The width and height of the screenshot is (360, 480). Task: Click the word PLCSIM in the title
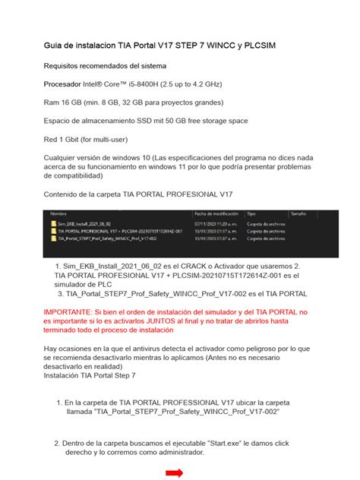pyautogui.click(x=256, y=47)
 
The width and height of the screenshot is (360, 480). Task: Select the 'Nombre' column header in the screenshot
pyautogui.click(x=59, y=214)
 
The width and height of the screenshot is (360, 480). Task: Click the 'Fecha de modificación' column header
pyautogui.click(x=216, y=214)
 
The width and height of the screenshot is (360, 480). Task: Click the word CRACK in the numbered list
pyautogui.click(x=171, y=267)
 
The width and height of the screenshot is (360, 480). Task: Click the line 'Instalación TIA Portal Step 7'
pyautogui.click(x=90, y=376)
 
